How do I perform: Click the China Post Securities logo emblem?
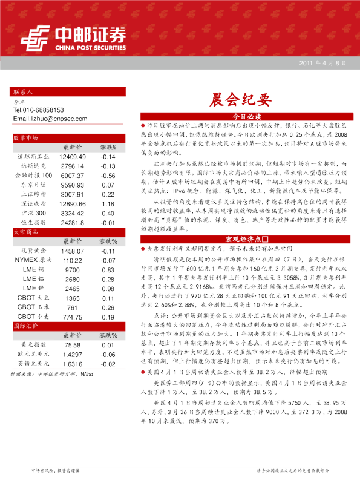pos(36,38)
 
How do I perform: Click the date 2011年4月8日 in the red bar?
pos(322,64)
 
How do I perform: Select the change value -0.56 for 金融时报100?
pos(108,175)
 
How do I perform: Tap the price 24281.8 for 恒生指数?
pos(73,223)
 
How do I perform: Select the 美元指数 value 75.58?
pos(72,345)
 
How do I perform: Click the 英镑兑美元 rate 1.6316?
pos(72,364)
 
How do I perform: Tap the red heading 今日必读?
pos(246,115)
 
